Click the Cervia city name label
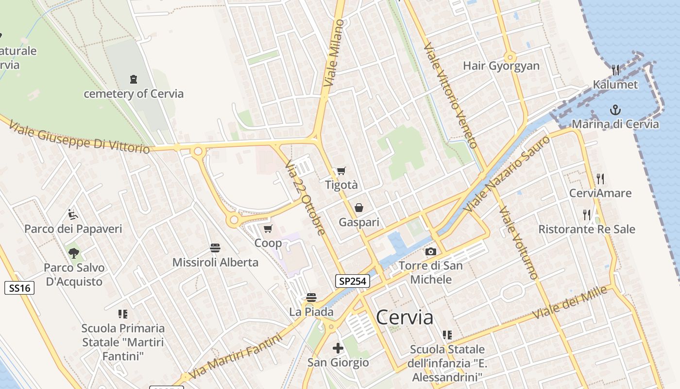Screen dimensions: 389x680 [405, 318]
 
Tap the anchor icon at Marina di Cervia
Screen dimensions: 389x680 [615, 109]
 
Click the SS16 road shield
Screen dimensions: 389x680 [20, 288]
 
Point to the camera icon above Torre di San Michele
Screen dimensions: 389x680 [430, 251]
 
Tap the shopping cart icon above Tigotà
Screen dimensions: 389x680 [341, 171]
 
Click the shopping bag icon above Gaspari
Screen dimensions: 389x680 [359, 208]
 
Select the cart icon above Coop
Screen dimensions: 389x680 [268, 229]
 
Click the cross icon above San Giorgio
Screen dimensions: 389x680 [338, 348]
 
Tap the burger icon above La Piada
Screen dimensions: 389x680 [311, 297]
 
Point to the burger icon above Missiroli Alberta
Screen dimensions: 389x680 [215, 248]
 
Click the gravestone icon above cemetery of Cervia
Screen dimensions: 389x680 [134, 79]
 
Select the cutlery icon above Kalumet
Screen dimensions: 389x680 [615, 70]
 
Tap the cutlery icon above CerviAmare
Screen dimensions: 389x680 [600, 178]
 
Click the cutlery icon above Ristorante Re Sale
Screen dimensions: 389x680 [587, 214]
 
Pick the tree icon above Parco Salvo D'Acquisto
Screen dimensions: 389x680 [74, 253]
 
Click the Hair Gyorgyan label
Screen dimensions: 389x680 [501, 66]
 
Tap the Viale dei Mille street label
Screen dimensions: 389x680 [570, 302]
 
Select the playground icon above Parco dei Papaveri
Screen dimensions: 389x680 [73, 214]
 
